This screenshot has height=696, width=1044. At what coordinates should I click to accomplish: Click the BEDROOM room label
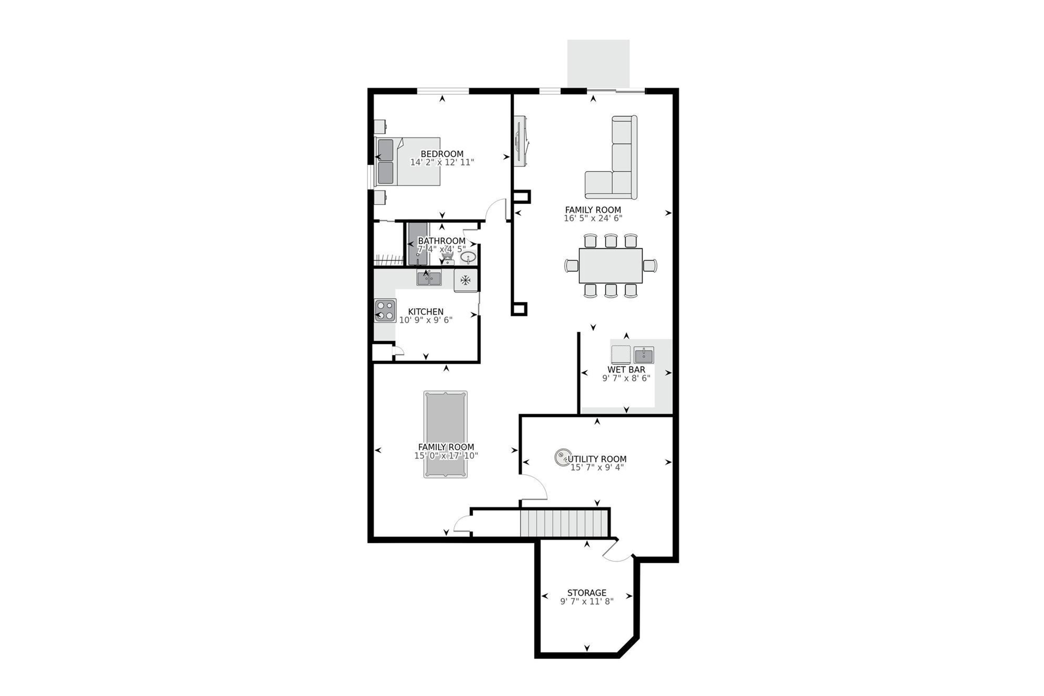coord(442,154)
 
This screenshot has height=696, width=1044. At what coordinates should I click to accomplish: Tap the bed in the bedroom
coord(408,161)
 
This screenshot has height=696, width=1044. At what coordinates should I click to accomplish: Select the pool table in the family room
coord(445,434)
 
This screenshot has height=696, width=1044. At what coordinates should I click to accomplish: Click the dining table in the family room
coord(610,265)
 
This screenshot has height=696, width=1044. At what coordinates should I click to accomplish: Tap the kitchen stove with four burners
coord(385,311)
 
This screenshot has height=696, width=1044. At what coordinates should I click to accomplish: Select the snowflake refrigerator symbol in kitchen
coord(465,280)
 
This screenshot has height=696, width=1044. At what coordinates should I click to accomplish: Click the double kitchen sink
coord(429,279)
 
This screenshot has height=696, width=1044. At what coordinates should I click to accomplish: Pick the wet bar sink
coord(644,355)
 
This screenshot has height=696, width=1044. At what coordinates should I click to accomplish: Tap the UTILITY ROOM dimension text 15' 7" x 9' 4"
coord(597,467)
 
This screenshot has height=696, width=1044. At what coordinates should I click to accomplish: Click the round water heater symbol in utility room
coord(562,457)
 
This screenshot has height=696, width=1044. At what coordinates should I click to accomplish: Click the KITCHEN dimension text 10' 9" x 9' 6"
coord(426,320)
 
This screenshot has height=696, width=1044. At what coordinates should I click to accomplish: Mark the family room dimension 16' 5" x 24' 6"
coord(593,218)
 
